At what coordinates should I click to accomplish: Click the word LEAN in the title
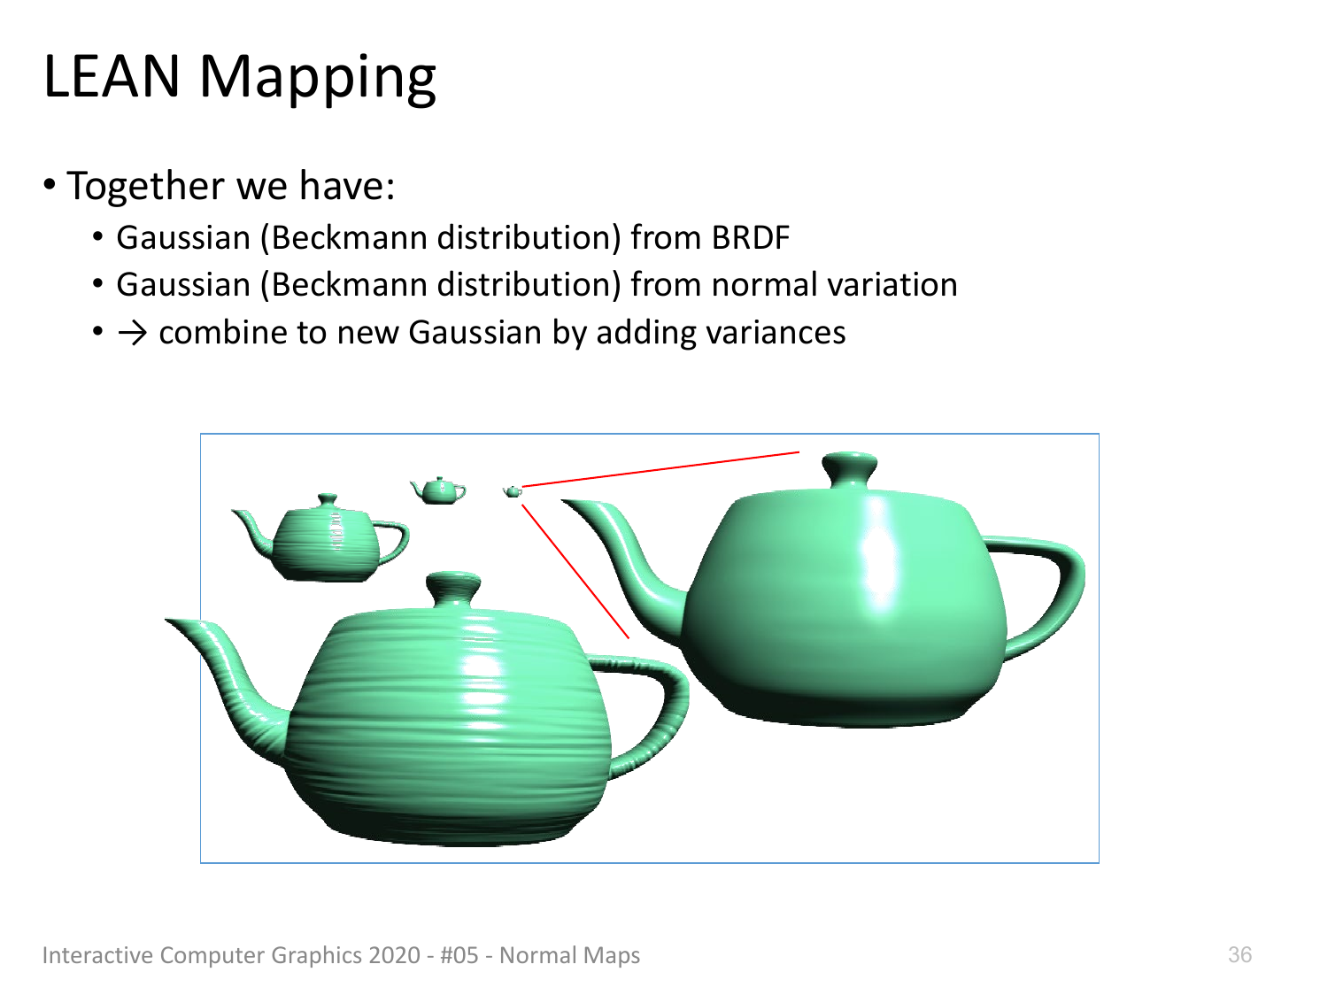(112, 76)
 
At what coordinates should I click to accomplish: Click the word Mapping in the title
(318, 80)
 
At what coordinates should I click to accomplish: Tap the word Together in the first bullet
(145, 187)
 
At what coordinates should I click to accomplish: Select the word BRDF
(750, 237)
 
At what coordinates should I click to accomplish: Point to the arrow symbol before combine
(132, 333)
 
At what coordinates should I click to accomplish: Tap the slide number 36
(1239, 954)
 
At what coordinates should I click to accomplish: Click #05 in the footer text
(459, 954)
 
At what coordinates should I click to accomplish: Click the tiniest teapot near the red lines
(513, 492)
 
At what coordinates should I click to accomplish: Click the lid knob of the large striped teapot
(452, 590)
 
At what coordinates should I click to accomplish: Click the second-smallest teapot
(438, 490)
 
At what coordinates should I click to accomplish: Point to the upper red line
(661, 469)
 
